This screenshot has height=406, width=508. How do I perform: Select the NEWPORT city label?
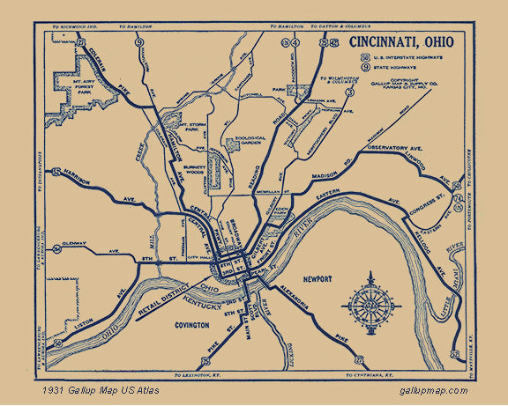click(x=318, y=278)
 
